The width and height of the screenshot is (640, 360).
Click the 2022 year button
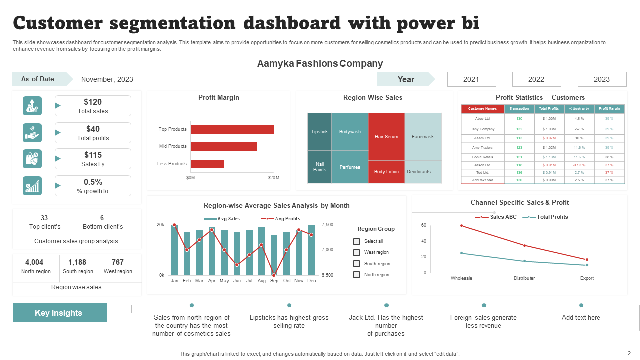click(536, 79)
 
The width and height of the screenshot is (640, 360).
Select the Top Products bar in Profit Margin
click(232, 129)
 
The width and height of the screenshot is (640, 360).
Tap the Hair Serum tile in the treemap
click(386, 136)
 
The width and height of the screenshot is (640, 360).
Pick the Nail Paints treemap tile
click(319, 167)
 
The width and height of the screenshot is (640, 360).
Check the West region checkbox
click(356, 253)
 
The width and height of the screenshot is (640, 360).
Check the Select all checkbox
click(356, 241)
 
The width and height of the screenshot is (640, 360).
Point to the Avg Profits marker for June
click(237, 265)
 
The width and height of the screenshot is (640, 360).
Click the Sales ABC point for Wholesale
click(461, 226)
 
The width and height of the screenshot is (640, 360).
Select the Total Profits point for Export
click(587, 265)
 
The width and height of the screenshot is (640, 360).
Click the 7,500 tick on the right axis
click(327, 225)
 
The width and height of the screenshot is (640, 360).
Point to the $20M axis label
click(273, 178)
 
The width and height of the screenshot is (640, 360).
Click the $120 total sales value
click(93, 102)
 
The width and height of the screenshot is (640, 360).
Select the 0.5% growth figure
click(93, 182)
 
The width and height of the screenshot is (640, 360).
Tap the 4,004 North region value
click(34, 262)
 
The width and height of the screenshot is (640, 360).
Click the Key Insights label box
click(60, 313)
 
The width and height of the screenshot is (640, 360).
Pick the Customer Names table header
click(482, 109)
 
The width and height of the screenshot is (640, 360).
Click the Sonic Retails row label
click(482, 157)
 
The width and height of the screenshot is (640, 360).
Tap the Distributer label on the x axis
click(524, 278)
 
